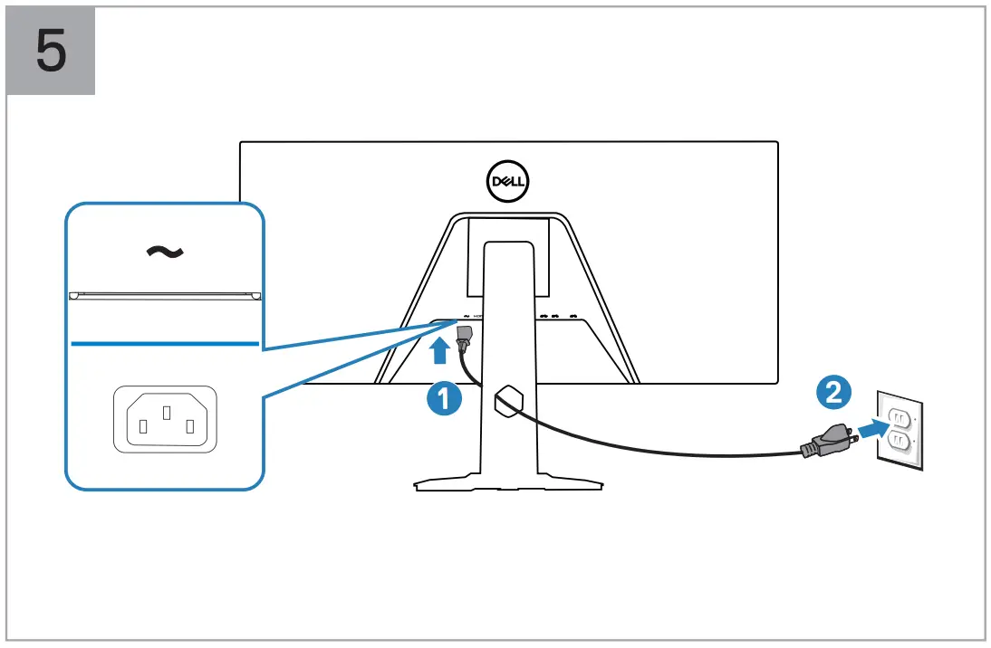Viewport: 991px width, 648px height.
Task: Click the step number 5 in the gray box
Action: pyautogui.click(x=51, y=51)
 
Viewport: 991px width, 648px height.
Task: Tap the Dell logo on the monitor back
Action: pyautogui.click(x=508, y=180)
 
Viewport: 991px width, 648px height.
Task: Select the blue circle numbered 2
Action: pyautogui.click(x=832, y=391)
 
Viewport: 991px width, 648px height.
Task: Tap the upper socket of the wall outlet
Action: pyautogui.click(x=899, y=417)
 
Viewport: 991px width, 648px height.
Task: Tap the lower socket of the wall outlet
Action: pyautogui.click(x=899, y=441)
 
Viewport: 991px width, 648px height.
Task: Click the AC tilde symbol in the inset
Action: pyautogui.click(x=165, y=251)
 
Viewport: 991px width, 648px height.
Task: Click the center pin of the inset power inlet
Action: pyautogui.click(x=165, y=412)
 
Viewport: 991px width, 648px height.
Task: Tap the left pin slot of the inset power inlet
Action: pyautogui.click(x=141, y=425)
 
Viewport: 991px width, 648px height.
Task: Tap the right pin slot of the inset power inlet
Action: pyautogui.click(x=188, y=425)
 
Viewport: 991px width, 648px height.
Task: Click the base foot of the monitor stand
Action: pyautogui.click(x=508, y=484)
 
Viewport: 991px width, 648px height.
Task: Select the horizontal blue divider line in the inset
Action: pyautogui.click(x=165, y=344)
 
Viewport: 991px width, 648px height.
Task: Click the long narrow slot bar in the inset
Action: pyautogui.click(x=165, y=294)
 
